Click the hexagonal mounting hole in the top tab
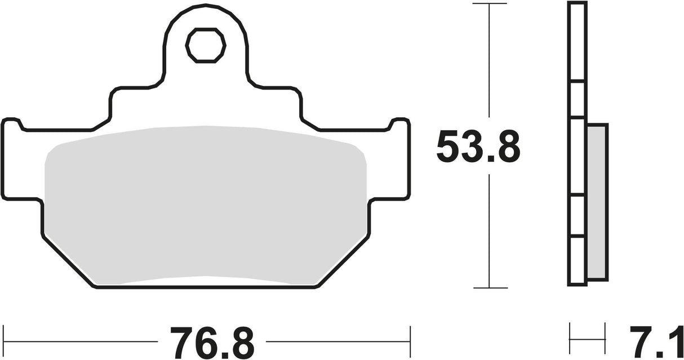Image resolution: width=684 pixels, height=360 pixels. point(206,46)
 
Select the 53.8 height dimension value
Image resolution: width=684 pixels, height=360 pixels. point(478,148)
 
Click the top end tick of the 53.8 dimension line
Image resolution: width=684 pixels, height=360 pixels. point(490,4)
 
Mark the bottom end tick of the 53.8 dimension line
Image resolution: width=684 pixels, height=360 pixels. point(490,288)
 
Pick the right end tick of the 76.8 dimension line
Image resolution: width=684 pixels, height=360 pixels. point(410,341)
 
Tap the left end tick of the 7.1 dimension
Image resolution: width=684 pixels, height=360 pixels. point(570,339)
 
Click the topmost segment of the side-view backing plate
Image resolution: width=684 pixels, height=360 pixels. point(576,42)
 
